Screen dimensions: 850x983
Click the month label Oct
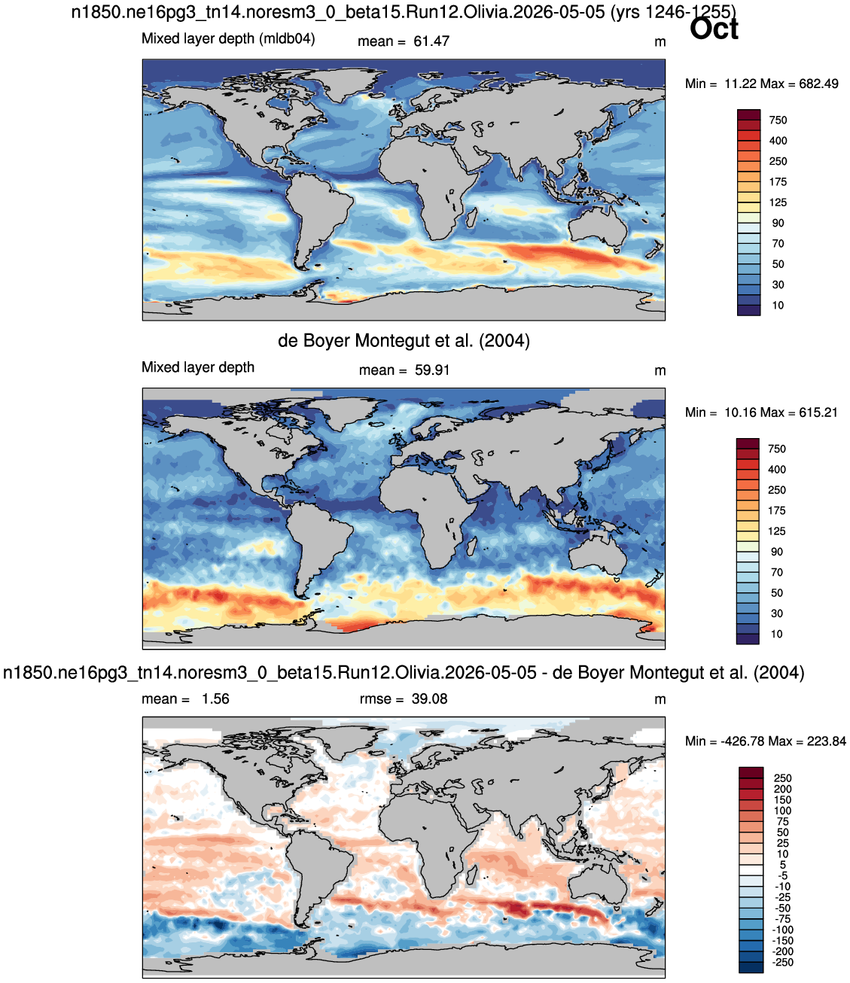[714, 29]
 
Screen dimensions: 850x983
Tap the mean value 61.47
[431, 41]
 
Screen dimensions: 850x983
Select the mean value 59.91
[432, 370]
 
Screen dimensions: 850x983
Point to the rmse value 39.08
[429, 698]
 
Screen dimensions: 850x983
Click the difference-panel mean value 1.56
[215, 698]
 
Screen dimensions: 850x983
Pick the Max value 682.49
[818, 84]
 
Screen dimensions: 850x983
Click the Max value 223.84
[827, 741]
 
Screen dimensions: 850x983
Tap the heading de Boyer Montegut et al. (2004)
[404, 340]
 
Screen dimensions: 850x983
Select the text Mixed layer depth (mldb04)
[228, 38]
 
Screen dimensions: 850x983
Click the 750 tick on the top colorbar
[778, 120]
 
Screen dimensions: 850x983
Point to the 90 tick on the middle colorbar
[777, 552]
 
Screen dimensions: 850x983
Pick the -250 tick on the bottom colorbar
[783, 962]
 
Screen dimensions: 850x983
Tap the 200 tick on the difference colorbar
[783, 789]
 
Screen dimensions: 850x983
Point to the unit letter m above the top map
[660, 42]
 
